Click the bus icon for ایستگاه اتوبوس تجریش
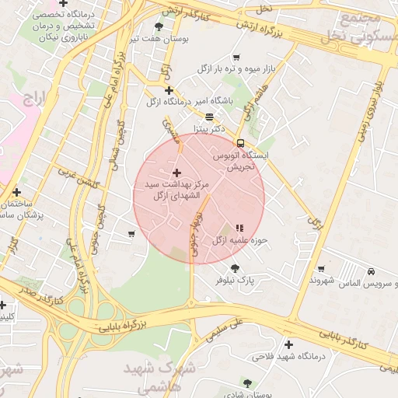240,143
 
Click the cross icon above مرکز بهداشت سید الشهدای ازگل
176,173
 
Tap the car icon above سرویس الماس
372,271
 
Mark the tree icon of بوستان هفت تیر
159,27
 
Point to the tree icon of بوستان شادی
248,382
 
